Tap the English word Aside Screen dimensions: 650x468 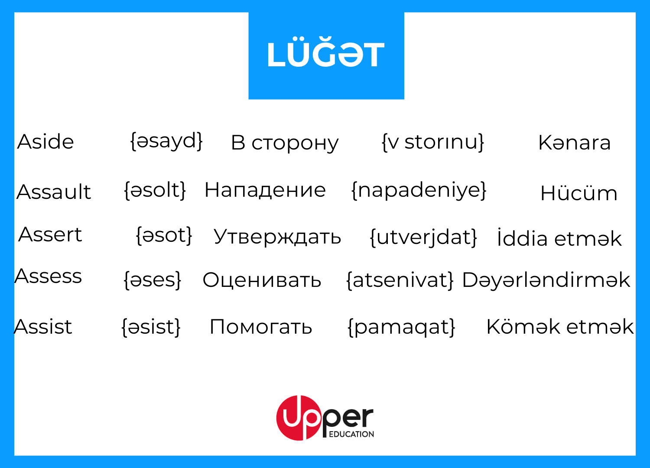pyautogui.click(x=45, y=142)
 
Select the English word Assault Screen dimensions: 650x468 pyautogui.click(x=54, y=192)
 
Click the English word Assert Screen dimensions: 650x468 pyautogui.click(x=50, y=234)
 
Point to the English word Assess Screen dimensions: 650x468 pyautogui.click(x=48, y=276)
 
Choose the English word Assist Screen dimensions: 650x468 pyautogui.click(x=43, y=327)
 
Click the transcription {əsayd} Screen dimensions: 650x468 pyautogui.click(x=166, y=141)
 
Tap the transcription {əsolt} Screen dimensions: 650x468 pyautogui.click(x=155, y=190)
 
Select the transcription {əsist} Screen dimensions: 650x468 pyautogui.click(x=151, y=327)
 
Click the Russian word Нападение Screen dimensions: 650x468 pyautogui.click(x=265, y=190)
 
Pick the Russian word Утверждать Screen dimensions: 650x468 pyautogui.click(x=277, y=237)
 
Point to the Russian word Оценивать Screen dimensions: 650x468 pyautogui.click(x=262, y=280)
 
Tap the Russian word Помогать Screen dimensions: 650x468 pyautogui.click(x=260, y=327)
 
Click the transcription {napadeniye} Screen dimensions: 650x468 pyautogui.click(x=419, y=191)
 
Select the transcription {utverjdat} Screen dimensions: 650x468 pyautogui.click(x=423, y=237)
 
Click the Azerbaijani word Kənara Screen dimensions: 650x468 pyautogui.click(x=575, y=143)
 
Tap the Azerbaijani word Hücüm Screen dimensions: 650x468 pyautogui.click(x=578, y=193)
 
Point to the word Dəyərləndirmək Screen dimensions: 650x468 pyautogui.click(x=546, y=280)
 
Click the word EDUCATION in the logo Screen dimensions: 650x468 pyautogui.click(x=351, y=434)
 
